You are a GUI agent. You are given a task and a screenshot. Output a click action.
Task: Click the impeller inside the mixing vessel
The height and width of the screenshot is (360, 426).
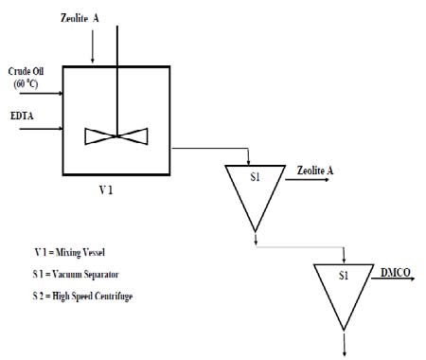tap(116, 135)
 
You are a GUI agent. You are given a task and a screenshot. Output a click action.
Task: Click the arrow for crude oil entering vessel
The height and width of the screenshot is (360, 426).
tap(51, 94)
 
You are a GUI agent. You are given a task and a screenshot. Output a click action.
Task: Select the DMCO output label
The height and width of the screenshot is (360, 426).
tap(397, 272)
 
